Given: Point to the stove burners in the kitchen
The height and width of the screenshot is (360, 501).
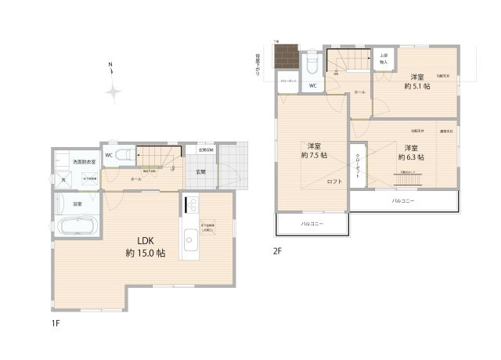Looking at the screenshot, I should point(191,205).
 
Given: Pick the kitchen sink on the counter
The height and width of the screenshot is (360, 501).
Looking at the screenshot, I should point(190,239).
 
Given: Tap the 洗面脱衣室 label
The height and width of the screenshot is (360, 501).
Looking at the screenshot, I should point(85,162).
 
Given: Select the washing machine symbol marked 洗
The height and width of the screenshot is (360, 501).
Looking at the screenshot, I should point(65,178).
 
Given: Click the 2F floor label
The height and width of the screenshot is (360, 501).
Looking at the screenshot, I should point(277,250).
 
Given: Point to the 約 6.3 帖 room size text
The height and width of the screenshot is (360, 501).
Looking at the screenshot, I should point(409,152).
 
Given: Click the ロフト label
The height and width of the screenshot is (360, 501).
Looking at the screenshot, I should point(334,182).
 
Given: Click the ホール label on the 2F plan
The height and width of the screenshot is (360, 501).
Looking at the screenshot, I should point(359,92).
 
